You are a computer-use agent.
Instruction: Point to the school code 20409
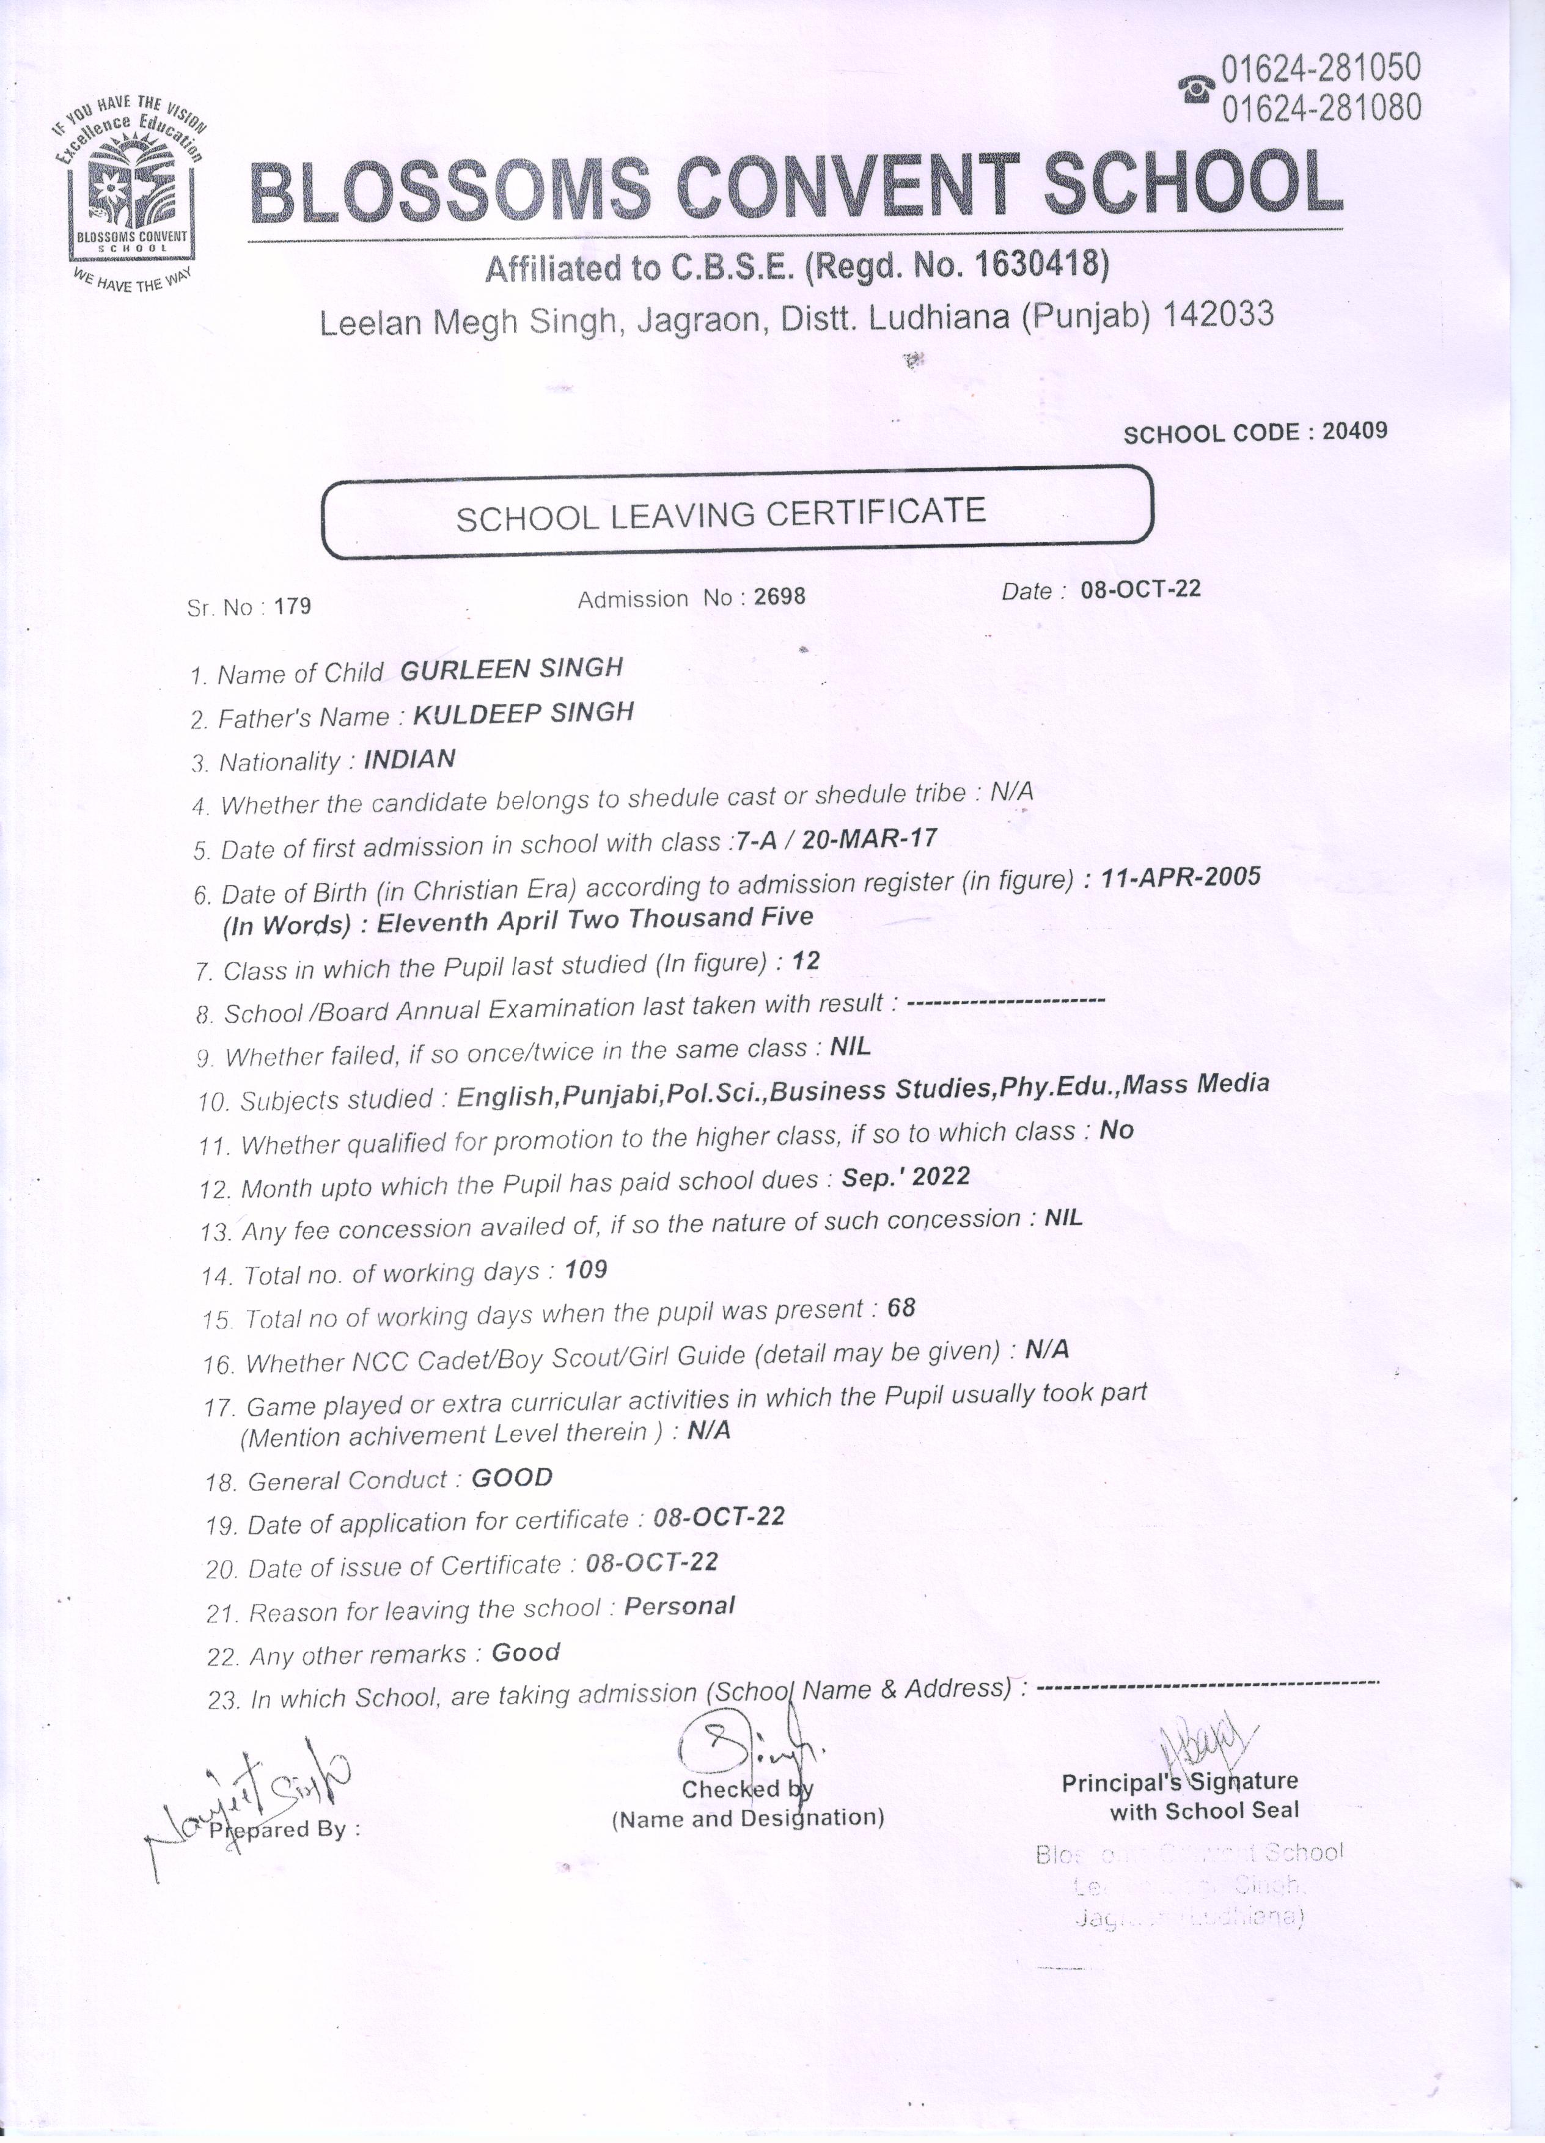(x=1354, y=432)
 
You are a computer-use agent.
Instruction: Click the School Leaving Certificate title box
(x=737, y=514)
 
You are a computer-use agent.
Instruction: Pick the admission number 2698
(x=780, y=597)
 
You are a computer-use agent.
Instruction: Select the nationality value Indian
(x=409, y=759)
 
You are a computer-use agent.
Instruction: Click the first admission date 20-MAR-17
(x=868, y=838)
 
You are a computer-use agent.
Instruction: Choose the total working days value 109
(x=586, y=1270)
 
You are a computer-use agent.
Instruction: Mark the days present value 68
(x=901, y=1308)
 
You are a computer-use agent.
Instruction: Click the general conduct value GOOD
(x=511, y=1478)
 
